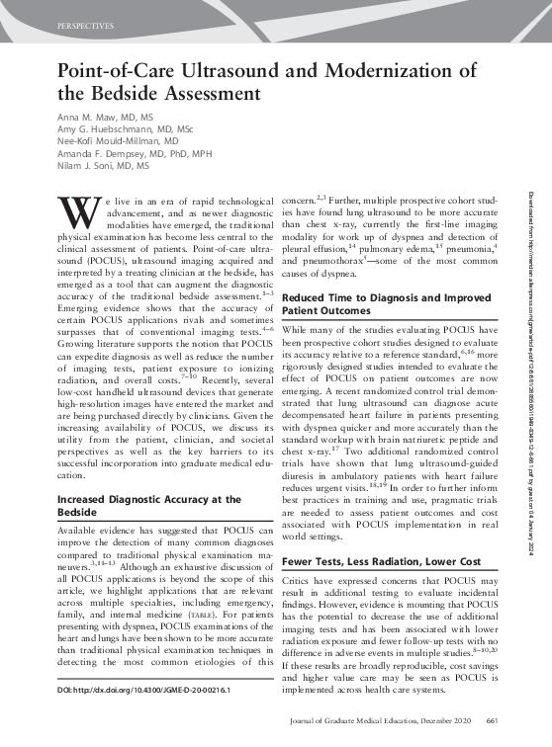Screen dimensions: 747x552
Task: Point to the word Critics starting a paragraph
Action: click(300, 583)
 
